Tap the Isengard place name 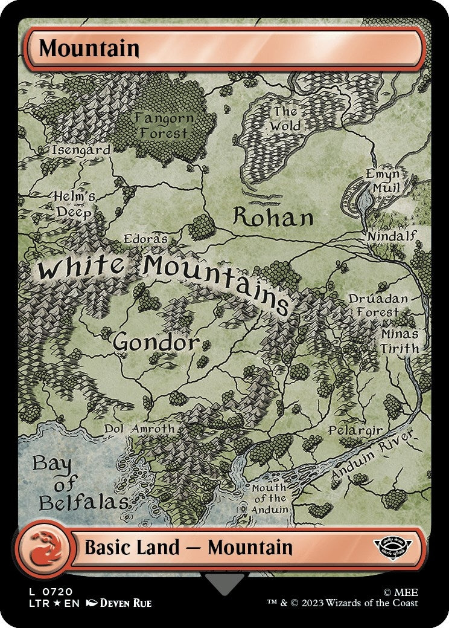[81, 150]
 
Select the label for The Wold [285, 119]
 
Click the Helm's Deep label [74, 204]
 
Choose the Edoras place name [145, 239]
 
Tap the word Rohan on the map [273, 218]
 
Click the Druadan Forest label [378, 305]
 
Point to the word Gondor [156, 343]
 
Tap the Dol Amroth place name [139, 429]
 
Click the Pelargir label [355, 430]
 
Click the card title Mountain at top [89, 48]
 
